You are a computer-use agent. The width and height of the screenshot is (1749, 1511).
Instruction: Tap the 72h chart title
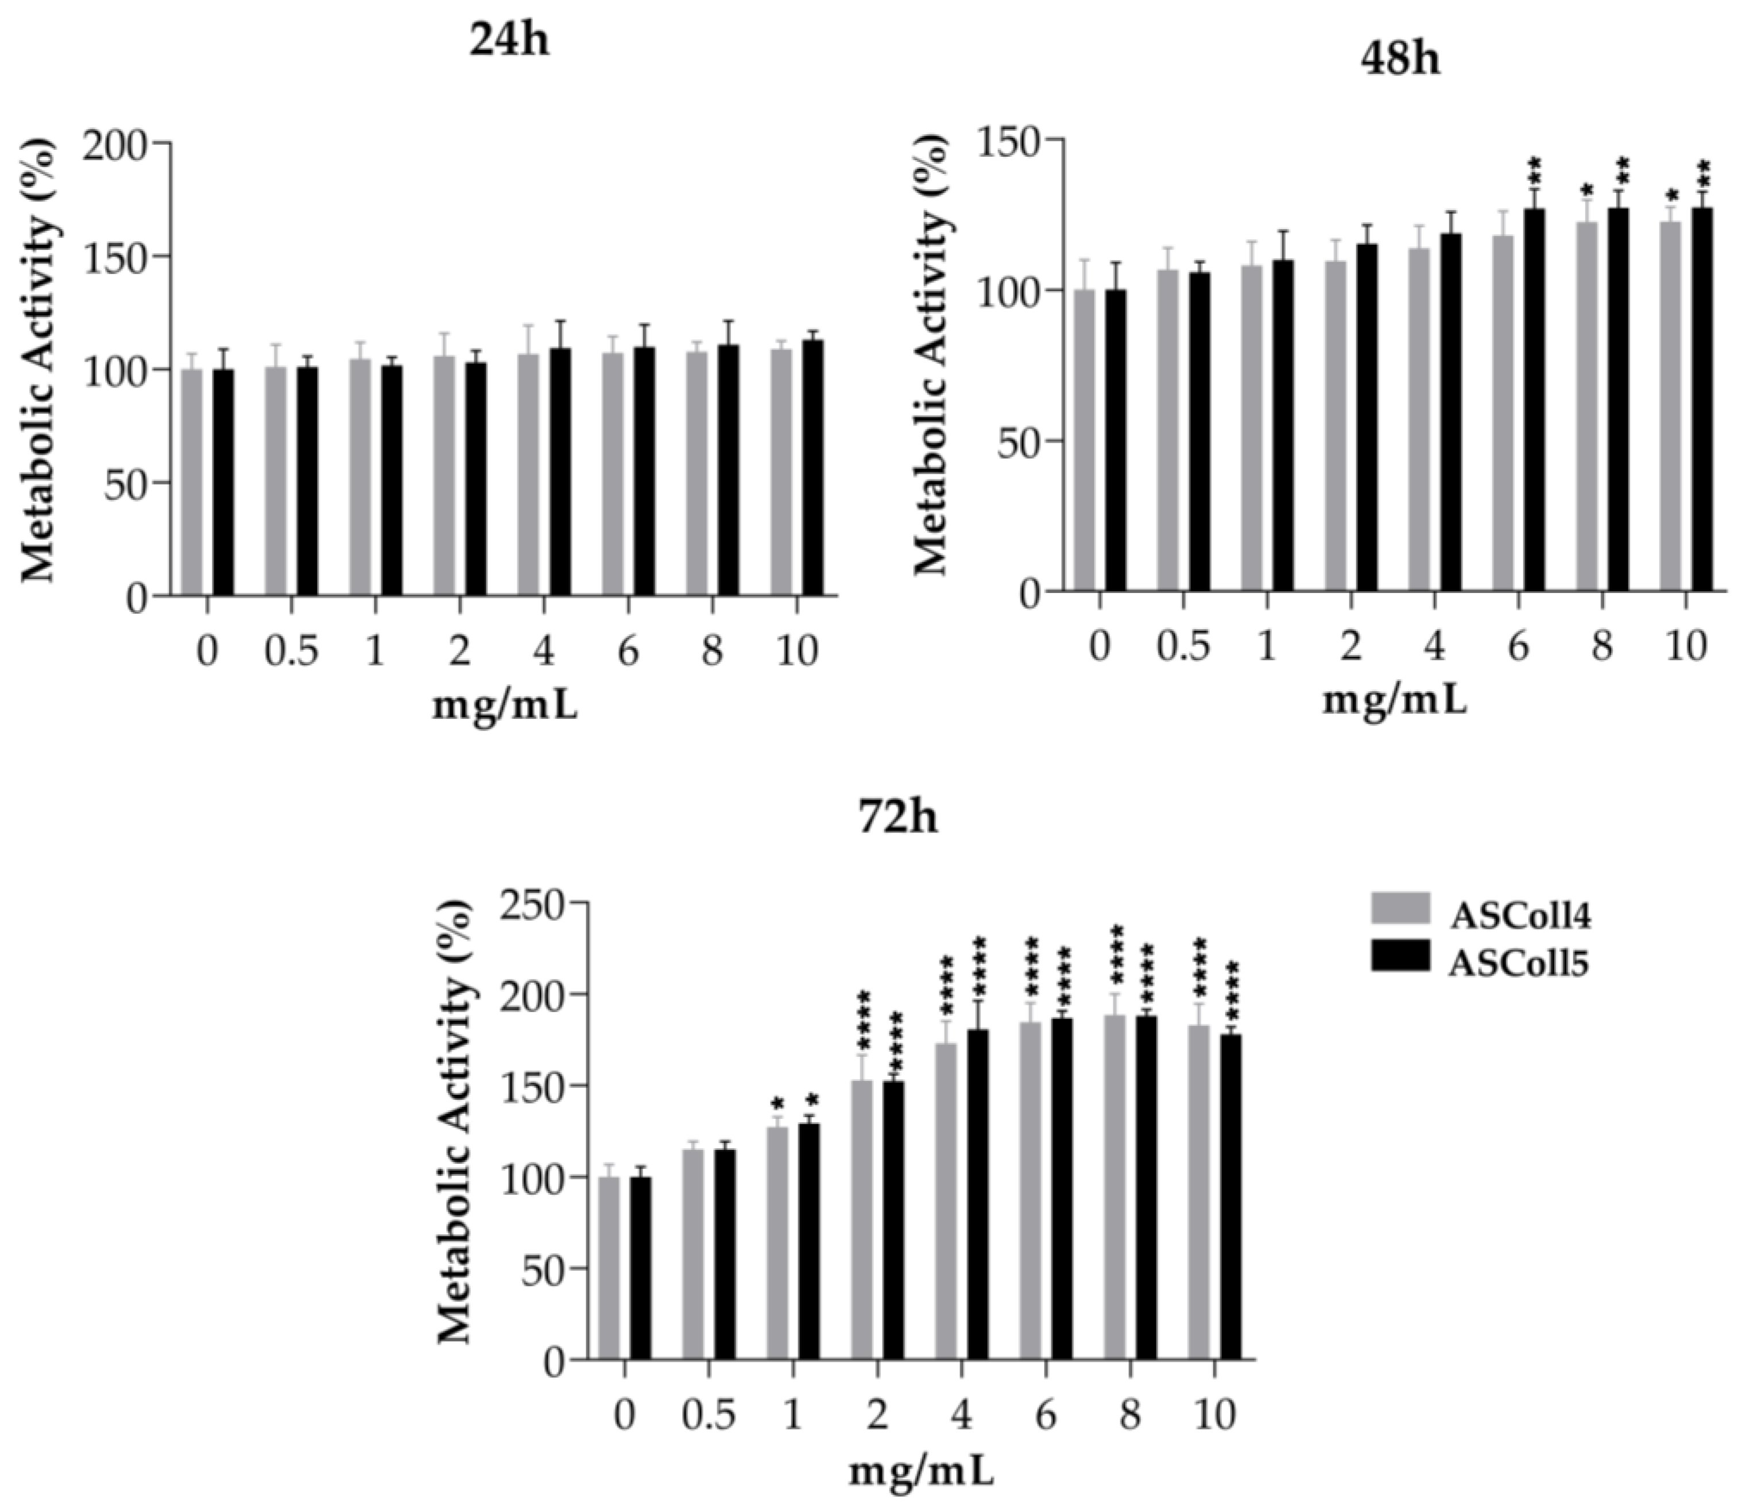point(897,818)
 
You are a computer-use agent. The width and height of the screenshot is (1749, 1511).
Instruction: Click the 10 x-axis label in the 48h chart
point(1685,646)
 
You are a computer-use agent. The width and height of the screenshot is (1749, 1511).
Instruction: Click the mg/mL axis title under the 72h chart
point(921,1472)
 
